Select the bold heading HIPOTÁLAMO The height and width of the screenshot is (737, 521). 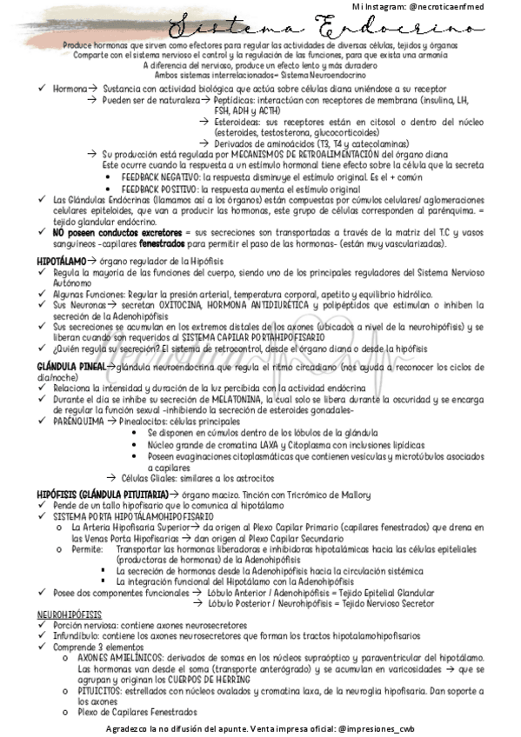(62, 260)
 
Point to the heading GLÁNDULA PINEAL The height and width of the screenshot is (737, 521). (70, 367)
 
